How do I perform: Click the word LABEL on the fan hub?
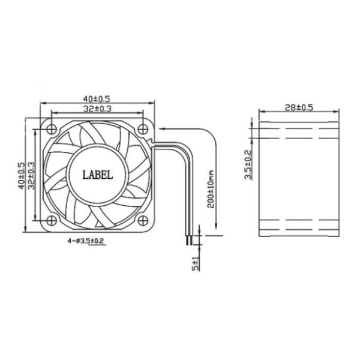click(97, 175)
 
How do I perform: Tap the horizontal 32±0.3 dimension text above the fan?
click(98, 109)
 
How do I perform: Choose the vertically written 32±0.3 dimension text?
click(32, 176)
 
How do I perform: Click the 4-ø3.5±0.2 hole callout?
click(86, 241)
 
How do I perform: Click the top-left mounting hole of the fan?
click(52, 128)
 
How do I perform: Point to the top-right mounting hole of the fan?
click(143, 128)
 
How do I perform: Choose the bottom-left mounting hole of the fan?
click(52, 220)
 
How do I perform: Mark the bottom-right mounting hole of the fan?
click(143, 220)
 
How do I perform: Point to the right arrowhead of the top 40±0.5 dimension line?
click(153, 103)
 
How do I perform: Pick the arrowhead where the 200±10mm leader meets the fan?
click(160, 127)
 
